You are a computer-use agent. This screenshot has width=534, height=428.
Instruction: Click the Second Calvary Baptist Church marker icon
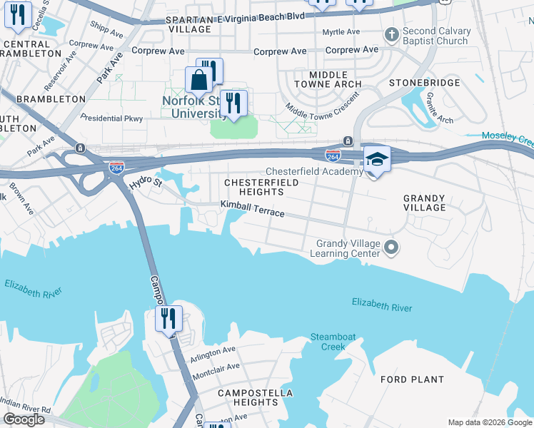click(x=391, y=35)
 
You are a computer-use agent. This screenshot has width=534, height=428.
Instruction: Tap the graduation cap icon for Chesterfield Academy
click(x=377, y=160)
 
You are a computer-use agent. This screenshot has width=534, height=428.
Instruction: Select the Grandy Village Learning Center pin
click(x=391, y=248)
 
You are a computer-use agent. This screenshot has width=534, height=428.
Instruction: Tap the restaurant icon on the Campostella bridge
click(x=168, y=317)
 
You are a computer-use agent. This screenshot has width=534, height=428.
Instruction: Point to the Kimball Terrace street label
click(x=252, y=209)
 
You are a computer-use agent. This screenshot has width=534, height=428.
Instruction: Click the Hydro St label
click(x=146, y=184)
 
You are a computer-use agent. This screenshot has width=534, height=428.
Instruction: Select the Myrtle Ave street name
click(x=341, y=32)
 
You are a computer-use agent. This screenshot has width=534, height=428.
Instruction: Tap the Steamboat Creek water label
click(x=328, y=342)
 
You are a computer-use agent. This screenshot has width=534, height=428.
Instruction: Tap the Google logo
click(x=24, y=419)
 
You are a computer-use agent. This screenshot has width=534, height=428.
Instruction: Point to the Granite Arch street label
click(x=439, y=107)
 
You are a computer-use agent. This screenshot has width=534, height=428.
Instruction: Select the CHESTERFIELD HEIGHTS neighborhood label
click(x=253, y=187)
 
